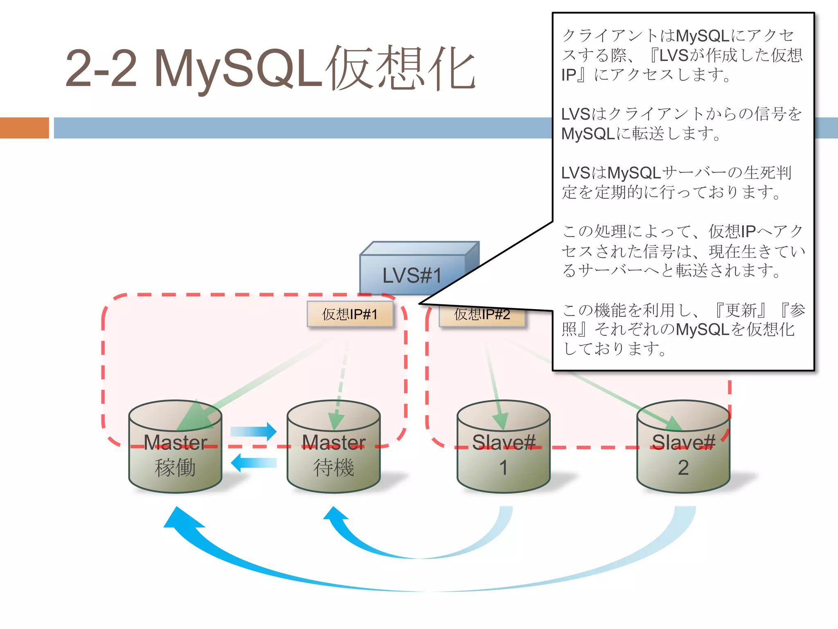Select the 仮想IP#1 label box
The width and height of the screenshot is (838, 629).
350,314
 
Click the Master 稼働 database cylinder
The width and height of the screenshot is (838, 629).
175,455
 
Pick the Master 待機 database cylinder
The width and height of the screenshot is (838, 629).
333,455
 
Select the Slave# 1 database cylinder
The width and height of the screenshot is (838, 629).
503,455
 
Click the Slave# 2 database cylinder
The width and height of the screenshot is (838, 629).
683,455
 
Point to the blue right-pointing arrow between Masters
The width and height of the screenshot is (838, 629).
254,431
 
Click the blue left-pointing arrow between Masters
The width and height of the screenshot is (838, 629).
254,463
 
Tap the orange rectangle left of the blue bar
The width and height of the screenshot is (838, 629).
24,128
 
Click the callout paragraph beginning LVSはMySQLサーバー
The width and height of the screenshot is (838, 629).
675,182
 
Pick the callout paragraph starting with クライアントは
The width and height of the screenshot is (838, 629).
681,55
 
